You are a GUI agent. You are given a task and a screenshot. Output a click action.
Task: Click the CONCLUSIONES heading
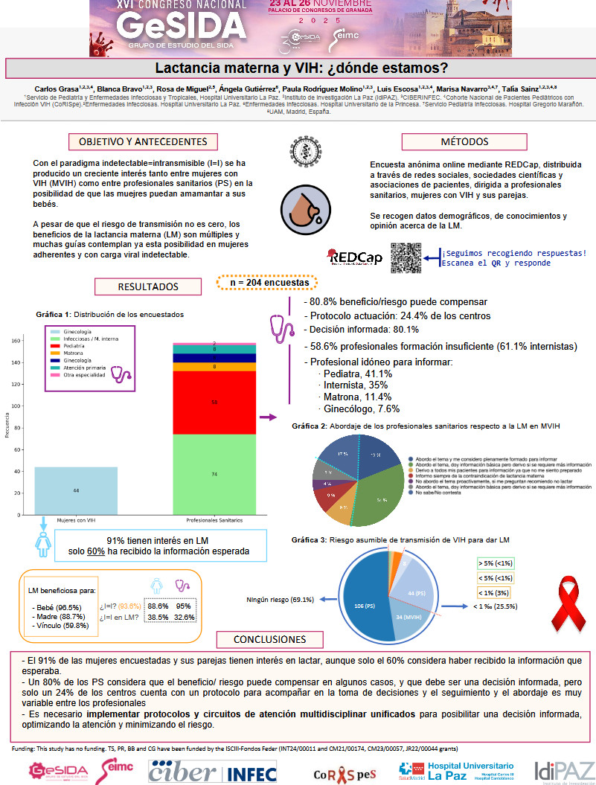point(270,640)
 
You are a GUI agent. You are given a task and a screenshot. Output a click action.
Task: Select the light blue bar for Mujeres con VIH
point(65,490)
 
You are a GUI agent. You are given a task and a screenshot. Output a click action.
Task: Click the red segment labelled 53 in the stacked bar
point(214,403)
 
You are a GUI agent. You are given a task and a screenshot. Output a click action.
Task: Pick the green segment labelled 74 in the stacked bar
point(214,474)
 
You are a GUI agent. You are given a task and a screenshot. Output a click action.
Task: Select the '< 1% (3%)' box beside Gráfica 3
point(498,592)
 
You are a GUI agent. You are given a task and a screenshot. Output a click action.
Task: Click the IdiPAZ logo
point(564,772)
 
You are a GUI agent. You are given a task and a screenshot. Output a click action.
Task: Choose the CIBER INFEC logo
point(203,772)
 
